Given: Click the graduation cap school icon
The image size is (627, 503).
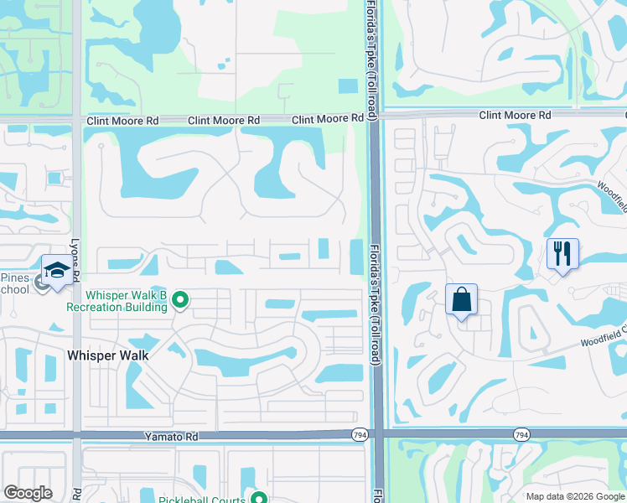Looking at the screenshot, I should (x=57, y=271).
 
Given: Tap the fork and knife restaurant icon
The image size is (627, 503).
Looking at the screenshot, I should (x=562, y=252).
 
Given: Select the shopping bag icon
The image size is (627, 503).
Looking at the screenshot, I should (x=462, y=299).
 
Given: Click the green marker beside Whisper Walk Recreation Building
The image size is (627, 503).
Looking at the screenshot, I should (x=180, y=299).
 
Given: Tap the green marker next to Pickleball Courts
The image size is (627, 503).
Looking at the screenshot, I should (x=259, y=499).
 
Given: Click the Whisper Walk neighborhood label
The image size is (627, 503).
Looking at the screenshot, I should (x=107, y=355).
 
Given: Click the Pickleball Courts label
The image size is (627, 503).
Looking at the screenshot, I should (x=201, y=500).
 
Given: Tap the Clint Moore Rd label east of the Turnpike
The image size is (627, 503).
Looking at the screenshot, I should (x=515, y=115).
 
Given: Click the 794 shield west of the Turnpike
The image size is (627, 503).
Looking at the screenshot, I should (x=359, y=434).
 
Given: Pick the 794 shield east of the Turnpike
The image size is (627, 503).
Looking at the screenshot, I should (x=521, y=434).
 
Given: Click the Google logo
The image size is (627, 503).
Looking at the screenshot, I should (x=28, y=493).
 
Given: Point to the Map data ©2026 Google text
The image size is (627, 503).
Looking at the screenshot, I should (x=575, y=496).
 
